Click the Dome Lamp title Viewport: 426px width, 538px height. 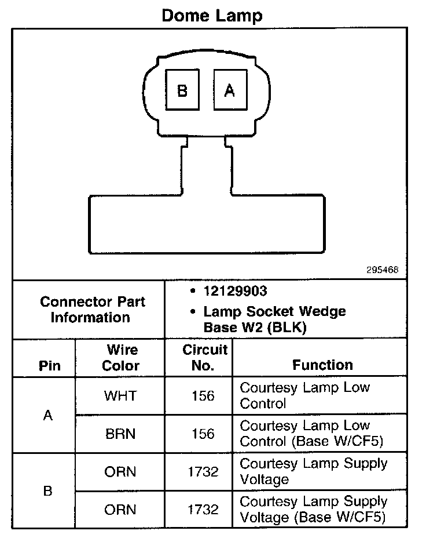(212, 15)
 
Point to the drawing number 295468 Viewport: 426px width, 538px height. (382, 270)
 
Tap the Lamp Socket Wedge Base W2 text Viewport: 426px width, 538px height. (274, 319)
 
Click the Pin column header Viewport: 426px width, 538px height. (49, 366)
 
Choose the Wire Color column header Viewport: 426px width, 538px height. (121, 358)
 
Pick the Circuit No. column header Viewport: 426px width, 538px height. (205, 358)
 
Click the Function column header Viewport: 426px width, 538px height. (322, 365)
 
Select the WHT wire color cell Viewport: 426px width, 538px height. (120, 396)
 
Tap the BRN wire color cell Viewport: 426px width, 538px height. (120, 434)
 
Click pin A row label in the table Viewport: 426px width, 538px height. (48, 415)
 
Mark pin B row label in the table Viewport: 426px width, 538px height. (48, 491)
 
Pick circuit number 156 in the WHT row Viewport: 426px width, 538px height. (203, 396)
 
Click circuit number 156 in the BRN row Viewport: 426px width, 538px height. (203, 434)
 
